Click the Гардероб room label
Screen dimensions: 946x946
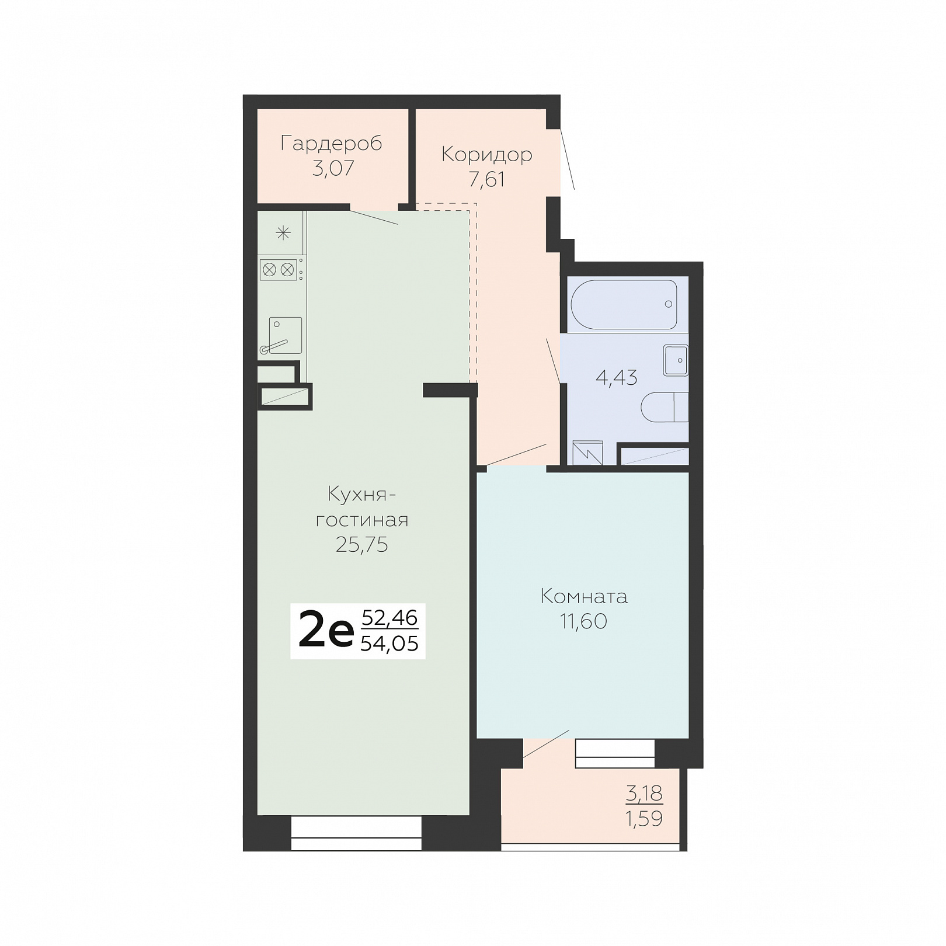click(x=331, y=144)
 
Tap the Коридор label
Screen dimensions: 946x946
click(x=486, y=155)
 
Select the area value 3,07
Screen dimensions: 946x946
click(x=333, y=168)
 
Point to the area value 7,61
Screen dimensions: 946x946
click(x=486, y=179)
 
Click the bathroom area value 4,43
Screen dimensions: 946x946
click(x=616, y=377)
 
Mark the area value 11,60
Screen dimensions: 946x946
click(x=584, y=621)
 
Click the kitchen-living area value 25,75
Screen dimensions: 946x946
click(x=362, y=544)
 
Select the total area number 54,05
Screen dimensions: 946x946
click(x=389, y=644)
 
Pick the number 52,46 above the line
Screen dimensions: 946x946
click(x=389, y=617)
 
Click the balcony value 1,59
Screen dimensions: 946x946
click(x=644, y=819)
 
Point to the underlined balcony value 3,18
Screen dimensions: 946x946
click(x=644, y=793)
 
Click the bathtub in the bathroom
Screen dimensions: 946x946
click(x=624, y=304)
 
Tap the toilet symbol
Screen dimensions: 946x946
click(x=665, y=406)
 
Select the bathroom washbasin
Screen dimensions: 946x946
click(x=676, y=360)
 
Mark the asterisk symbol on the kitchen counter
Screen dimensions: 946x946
click(x=283, y=234)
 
